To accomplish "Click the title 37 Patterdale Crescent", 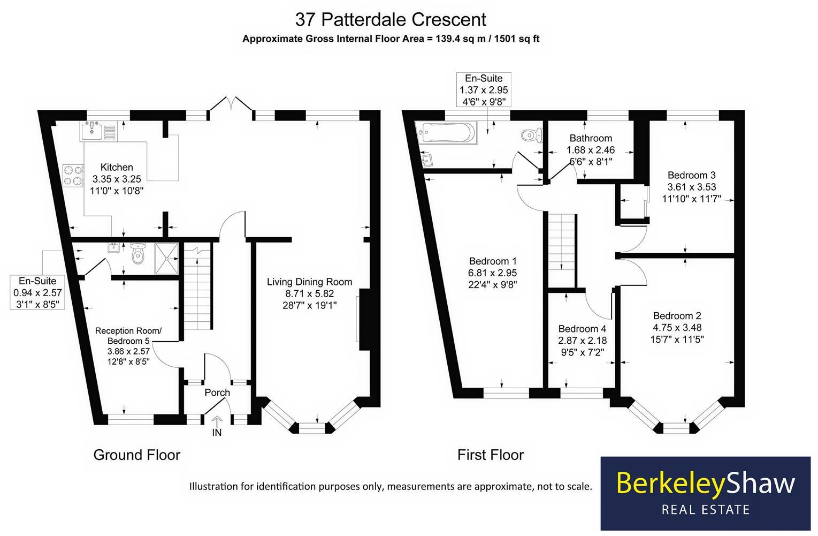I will click(391, 20).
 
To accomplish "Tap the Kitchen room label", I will click(117, 168).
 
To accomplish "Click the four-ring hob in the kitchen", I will click(73, 175).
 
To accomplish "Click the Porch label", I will click(217, 392).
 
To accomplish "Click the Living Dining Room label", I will click(309, 282).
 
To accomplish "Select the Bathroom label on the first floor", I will click(591, 139).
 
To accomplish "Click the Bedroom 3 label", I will click(691, 175).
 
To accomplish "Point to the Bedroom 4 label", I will click(582, 329).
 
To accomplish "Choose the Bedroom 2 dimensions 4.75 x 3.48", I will click(677, 328).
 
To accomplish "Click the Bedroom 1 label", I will click(493, 261).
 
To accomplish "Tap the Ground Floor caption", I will click(136, 455).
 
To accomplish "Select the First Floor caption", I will click(490, 455).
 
